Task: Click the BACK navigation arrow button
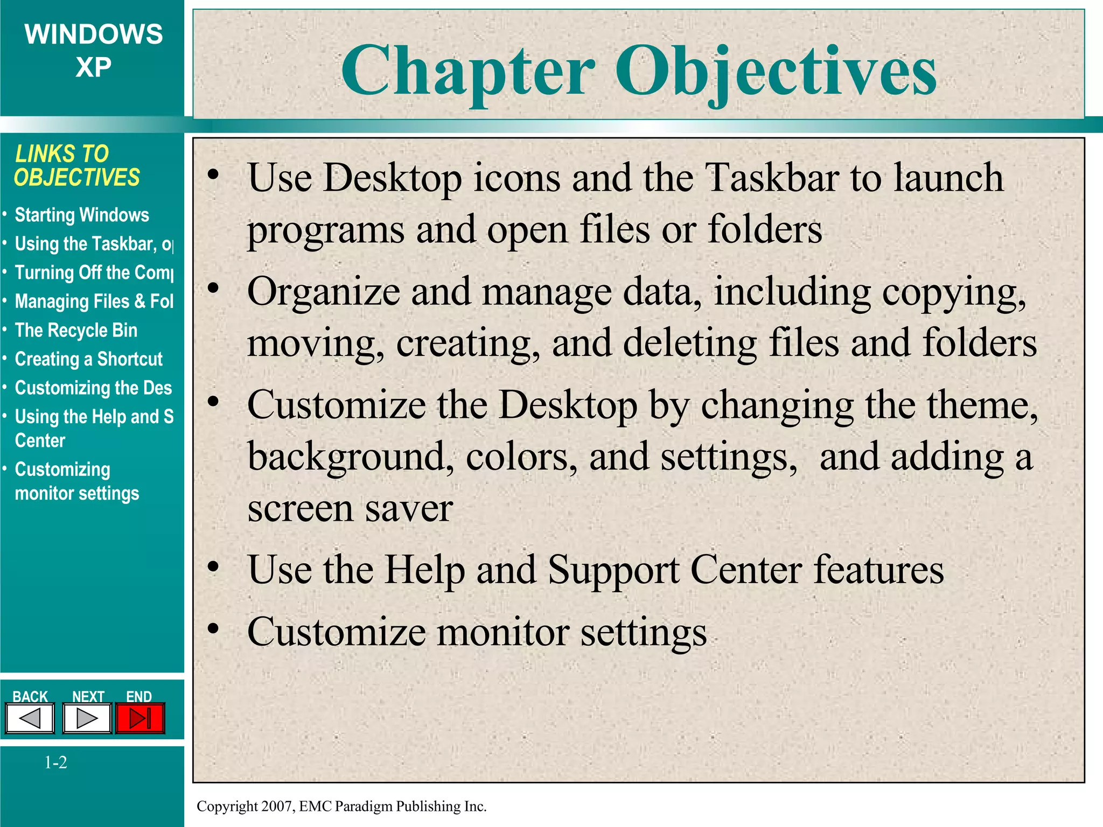(x=30, y=718)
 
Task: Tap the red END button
(x=140, y=718)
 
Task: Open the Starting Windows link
(x=82, y=215)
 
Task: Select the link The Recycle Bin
(x=76, y=331)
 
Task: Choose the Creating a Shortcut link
(x=88, y=359)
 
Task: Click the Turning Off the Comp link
(x=94, y=273)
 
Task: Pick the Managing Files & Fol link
(x=94, y=302)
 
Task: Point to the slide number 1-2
(x=55, y=762)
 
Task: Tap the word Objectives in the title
(x=776, y=72)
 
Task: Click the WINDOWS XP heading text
(x=94, y=50)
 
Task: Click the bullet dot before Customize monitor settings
(x=214, y=628)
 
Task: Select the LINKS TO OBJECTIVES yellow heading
(x=77, y=166)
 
